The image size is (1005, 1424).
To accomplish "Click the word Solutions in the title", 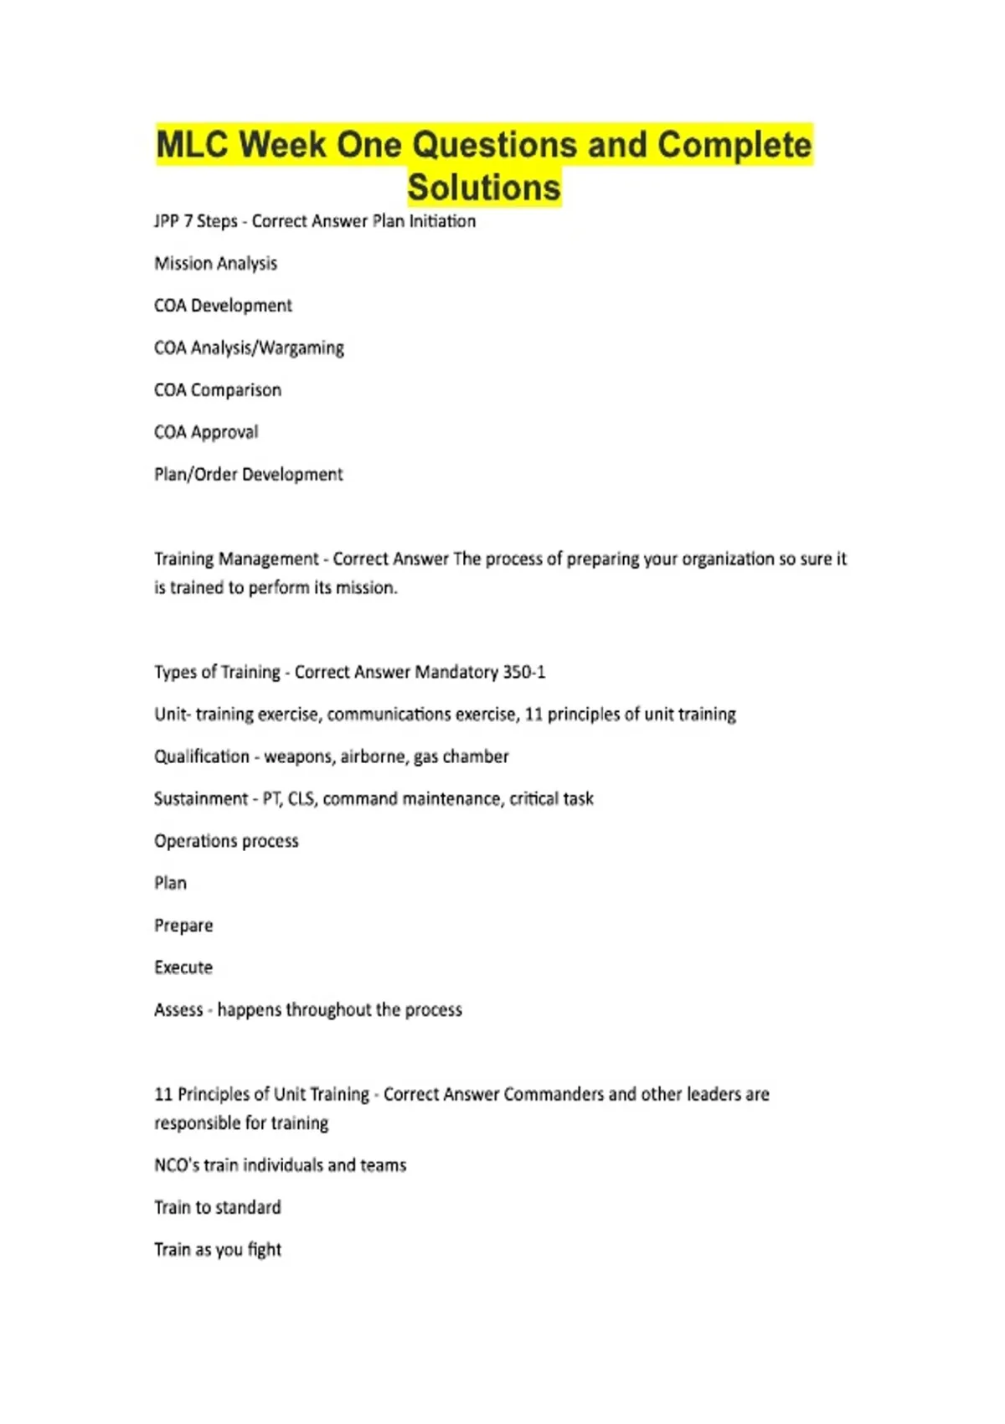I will pyautogui.click(x=484, y=187).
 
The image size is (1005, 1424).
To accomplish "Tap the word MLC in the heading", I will pyautogui.click(x=193, y=144).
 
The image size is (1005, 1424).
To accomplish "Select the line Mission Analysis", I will pyautogui.click(x=215, y=263).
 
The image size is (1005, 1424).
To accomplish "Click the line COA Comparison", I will pyautogui.click(x=218, y=390).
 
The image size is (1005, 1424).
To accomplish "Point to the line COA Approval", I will pyautogui.click(x=206, y=432).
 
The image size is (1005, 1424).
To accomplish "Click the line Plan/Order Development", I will pyautogui.click(x=249, y=474).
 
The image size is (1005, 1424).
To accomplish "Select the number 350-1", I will pyautogui.click(x=523, y=672).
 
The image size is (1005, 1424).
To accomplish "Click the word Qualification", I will pyautogui.click(x=202, y=756).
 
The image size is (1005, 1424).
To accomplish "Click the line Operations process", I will pyautogui.click(x=226, y=841).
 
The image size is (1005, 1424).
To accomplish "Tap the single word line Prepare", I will pyautogui.click(x=183, y=926).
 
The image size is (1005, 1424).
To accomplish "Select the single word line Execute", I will pyautogui.click(x=183, y=967).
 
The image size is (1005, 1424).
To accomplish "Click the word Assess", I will pyautogui.click(x=178, y=1009).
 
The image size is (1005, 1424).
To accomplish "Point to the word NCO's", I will pyautogui.click(x=177, y=1165).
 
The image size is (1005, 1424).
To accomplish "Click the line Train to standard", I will pyautogui.click(x=218, y=1207).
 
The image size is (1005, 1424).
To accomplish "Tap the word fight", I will pyautogui.click(x=265, y=1250).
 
